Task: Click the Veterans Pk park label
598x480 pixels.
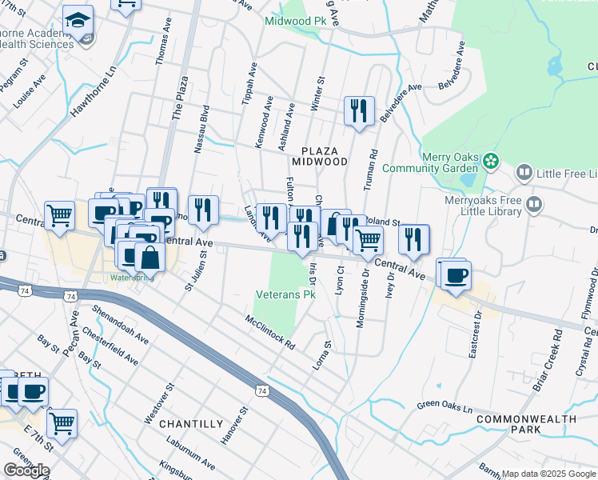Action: click(x=286, y=295)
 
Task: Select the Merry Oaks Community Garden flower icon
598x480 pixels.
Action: click(x=491, y=162)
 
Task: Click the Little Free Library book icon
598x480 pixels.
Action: click(x=524, y=173)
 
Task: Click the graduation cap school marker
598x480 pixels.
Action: click(x=78, y=20)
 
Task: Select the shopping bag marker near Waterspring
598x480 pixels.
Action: click(x=149, y=257)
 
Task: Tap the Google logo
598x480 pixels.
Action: click(x=26, y=470)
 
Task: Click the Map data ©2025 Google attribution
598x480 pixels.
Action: click(x=548, y=474)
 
